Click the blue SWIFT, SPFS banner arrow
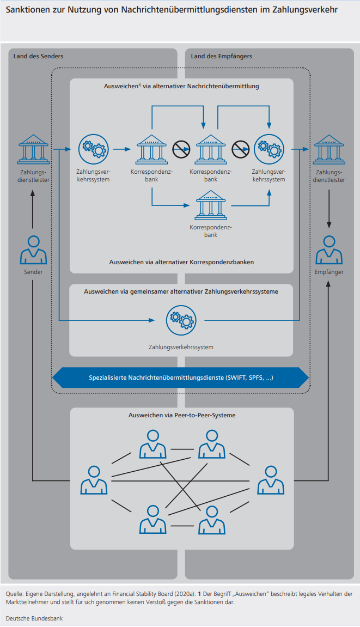point(181,378)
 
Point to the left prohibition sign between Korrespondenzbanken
point(181,148)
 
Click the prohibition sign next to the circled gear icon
point(240,148)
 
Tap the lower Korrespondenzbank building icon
point(211,205)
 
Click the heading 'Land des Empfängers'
point(221,56)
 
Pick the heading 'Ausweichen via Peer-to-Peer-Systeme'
point(181,415)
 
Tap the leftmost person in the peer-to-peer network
point(94,480)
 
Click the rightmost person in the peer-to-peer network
point(270,480)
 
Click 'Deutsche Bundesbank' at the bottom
point(34,618)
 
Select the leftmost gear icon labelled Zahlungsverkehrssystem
point(94,148)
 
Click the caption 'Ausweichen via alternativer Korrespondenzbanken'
point(181,262)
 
